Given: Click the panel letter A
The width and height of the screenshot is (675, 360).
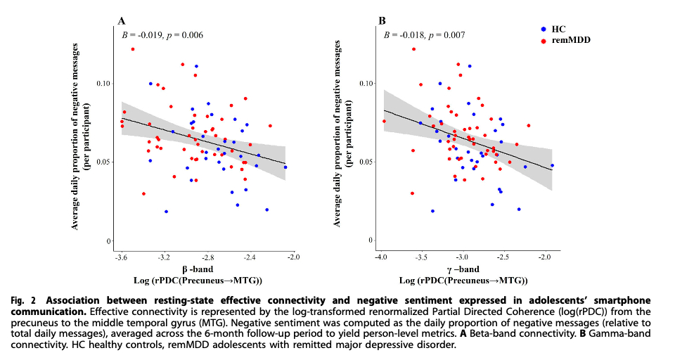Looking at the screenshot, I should [121, 20].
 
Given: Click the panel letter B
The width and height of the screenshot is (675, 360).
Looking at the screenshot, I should [382, 20].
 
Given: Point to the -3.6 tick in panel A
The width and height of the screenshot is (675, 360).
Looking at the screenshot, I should [121, 257].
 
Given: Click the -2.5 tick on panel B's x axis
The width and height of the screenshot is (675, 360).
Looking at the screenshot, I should [503, 257].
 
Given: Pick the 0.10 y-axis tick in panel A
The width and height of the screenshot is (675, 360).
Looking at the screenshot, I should [104, 83].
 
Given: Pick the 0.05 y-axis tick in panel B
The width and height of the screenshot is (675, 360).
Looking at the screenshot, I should [364, 162].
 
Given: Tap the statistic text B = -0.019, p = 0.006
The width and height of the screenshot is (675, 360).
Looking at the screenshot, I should [162, 34].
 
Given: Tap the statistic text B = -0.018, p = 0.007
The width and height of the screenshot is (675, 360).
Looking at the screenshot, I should [424, 34].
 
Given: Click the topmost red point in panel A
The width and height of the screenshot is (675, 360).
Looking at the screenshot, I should [132, 49].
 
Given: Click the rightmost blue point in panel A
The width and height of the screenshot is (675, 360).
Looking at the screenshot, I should [285, 167].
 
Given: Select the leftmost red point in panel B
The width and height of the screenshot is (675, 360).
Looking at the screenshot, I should [384, 121].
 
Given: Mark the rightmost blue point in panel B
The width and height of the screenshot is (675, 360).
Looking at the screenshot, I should [552, 166].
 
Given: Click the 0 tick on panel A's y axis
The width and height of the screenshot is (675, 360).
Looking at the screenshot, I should [110, 241].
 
